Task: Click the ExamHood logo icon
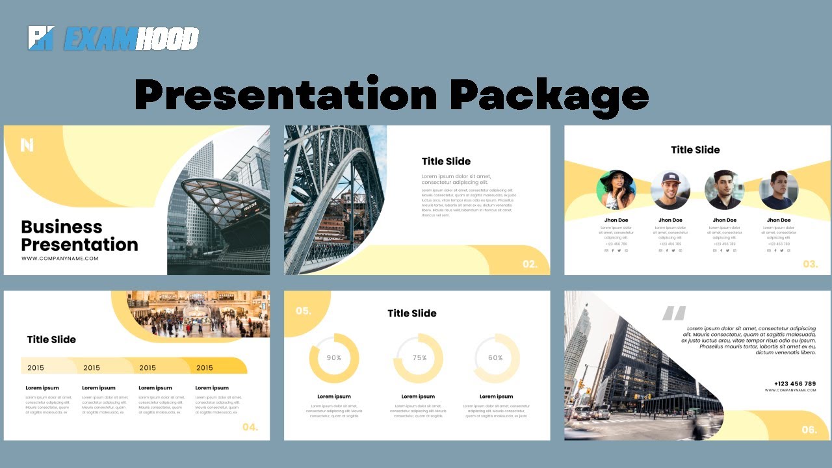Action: click(x=40, y=38)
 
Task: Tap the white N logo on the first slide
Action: click(x=27, y=145)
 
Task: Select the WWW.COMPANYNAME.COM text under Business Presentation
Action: click(x=60, y=259)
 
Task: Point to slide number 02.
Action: click(x=530, y=265)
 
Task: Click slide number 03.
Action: click(x=810, y=265)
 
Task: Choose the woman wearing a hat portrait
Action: click(x=616, y=190)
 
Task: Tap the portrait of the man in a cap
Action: click(x=670, y=190)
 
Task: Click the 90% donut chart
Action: click(x=334, y=358)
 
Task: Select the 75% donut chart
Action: click(x=419, y=358)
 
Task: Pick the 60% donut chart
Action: click(x=495, y=358)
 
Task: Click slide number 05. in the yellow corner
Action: click(x=303, y=311)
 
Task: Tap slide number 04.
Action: click(x=250, y=427)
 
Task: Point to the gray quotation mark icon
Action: click(x=674, y=314)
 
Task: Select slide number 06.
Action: click(x=809, y=430)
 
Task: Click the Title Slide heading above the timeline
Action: click(x=51, y=339)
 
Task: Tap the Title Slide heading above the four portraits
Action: click(x=695, y=149)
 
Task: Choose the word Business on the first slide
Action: click(x=62, y=227)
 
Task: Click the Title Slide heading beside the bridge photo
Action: click(x=446, y=161)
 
